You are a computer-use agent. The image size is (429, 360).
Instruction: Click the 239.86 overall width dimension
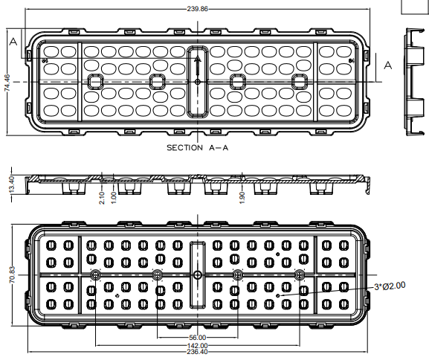tap(197, 9)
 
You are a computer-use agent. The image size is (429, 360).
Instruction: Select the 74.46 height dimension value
tap(7, 83)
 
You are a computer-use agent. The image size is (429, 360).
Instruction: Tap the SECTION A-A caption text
tap(197, 148)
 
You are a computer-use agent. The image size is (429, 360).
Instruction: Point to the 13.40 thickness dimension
tap(12, 184)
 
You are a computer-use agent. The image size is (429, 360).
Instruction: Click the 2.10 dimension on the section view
tap(102, 198)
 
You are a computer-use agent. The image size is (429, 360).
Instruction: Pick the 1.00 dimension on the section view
tap(114, 198)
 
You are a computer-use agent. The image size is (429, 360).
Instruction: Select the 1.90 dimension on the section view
tap(242, 198)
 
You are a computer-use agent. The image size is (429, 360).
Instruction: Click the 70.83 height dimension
tap(13, 274)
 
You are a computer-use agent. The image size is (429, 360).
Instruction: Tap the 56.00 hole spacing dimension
tap(197, 338)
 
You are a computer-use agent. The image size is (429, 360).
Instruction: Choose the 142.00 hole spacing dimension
tap(197, 346)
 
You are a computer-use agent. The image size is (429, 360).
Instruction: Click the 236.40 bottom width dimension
tap(197, 352)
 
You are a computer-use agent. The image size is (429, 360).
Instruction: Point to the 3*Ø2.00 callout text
tap(390, 286)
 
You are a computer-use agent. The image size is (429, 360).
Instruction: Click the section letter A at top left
tap(13, 42)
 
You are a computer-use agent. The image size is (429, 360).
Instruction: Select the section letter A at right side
tap(388, 65)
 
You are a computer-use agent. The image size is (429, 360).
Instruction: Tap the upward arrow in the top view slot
tap(198, 65)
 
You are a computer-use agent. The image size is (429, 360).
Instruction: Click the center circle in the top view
tap(198, 82)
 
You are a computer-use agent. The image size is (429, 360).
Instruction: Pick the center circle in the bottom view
tap(198, 274)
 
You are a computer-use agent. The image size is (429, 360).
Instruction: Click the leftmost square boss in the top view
tap(95, 81)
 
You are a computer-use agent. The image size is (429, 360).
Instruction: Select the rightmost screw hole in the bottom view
tap(300, 274)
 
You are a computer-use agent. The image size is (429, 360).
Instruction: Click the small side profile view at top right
tap(415, 82)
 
